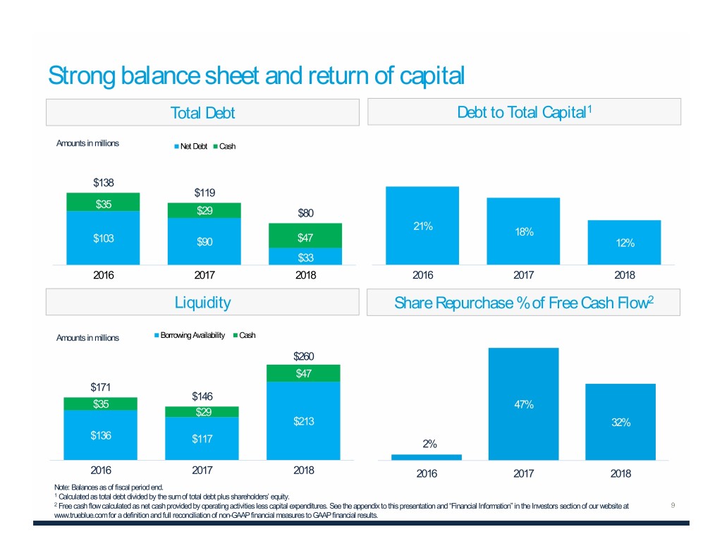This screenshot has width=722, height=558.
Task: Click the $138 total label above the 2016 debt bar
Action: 104,183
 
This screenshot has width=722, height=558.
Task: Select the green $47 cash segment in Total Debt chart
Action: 305,236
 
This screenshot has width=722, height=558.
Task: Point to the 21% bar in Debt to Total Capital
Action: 422,226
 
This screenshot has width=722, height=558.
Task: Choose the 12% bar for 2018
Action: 625,243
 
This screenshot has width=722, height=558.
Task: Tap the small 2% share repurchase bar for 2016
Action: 427,457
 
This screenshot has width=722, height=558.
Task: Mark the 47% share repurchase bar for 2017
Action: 523,404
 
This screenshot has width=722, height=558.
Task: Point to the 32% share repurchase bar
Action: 620,422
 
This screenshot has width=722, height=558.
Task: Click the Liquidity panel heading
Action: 202,303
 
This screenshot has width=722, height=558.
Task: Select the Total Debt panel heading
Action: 202,113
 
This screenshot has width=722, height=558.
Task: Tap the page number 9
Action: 673,504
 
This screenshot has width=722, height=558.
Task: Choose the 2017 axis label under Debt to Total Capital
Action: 523,276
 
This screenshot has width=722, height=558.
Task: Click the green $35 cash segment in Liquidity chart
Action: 101,404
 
